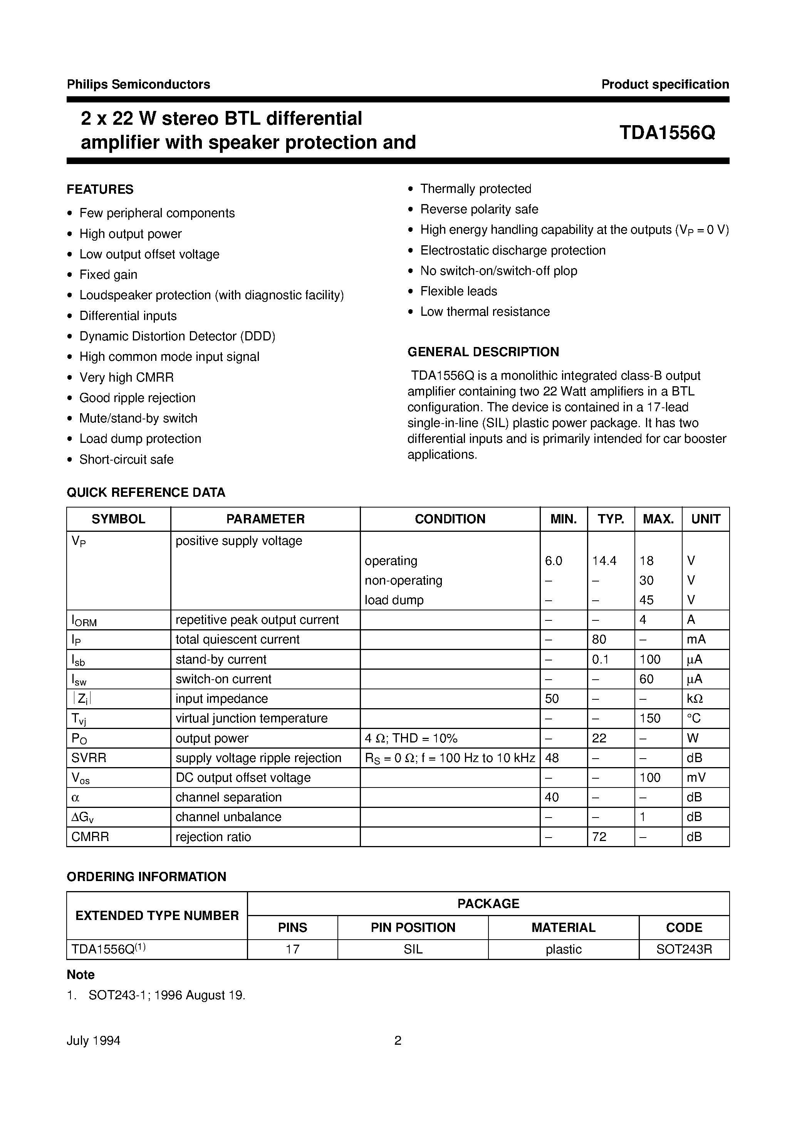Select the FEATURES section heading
tap(100, 189)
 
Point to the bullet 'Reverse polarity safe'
tap(479, 209)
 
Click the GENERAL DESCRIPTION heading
tap(483, 352)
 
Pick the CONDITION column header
tap(450, 519)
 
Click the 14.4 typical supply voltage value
tap(604, 561)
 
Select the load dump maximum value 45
tap(646, 600)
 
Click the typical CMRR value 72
tap(599, 837)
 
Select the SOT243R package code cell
tap(684, 949)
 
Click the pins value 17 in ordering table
tap(292, 949)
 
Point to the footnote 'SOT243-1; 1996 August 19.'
tap(166, 995)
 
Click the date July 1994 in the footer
tap(93, 1041)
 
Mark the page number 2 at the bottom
tap(398, 1041)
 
